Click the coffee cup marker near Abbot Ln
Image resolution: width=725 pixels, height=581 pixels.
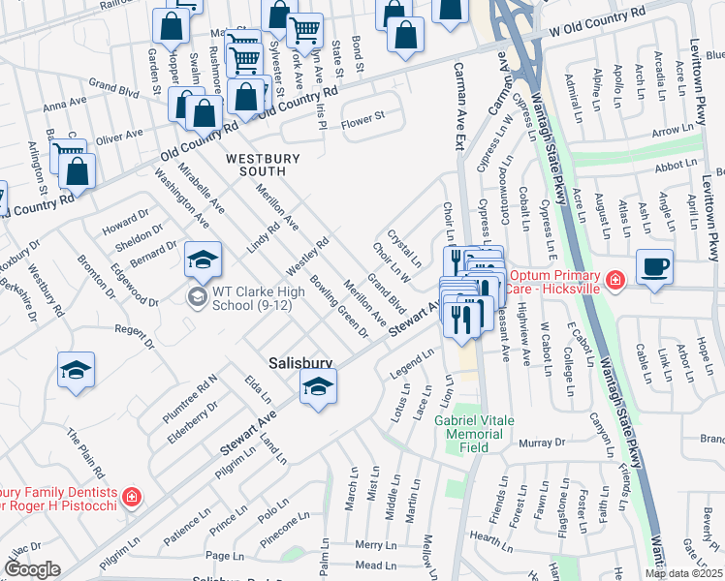(x=655, y=267)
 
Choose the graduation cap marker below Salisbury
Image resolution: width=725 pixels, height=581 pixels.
(x=317, y=388)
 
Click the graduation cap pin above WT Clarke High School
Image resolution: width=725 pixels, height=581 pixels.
(x=203, y=259)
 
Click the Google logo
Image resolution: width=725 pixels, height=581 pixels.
(x=32, y=569)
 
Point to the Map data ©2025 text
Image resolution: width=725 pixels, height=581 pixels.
(x=683, y=573)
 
